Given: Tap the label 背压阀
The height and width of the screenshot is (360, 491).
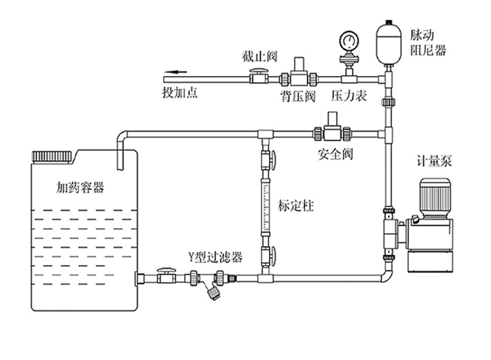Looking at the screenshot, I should click(x=297, y=97).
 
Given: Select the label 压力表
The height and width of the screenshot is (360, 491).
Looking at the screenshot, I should click(x=348, y=97).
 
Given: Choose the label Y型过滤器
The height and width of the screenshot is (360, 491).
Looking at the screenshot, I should click(x=215, y=257).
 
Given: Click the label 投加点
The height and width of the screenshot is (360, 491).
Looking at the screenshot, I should click(x=179, y=92).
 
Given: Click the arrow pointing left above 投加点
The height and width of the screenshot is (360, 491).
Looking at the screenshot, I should click(x=173, y=73).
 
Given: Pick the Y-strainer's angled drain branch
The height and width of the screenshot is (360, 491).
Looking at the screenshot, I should click(x=211, y=291).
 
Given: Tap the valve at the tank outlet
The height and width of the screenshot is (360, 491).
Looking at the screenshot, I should click(x=166, y=277).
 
